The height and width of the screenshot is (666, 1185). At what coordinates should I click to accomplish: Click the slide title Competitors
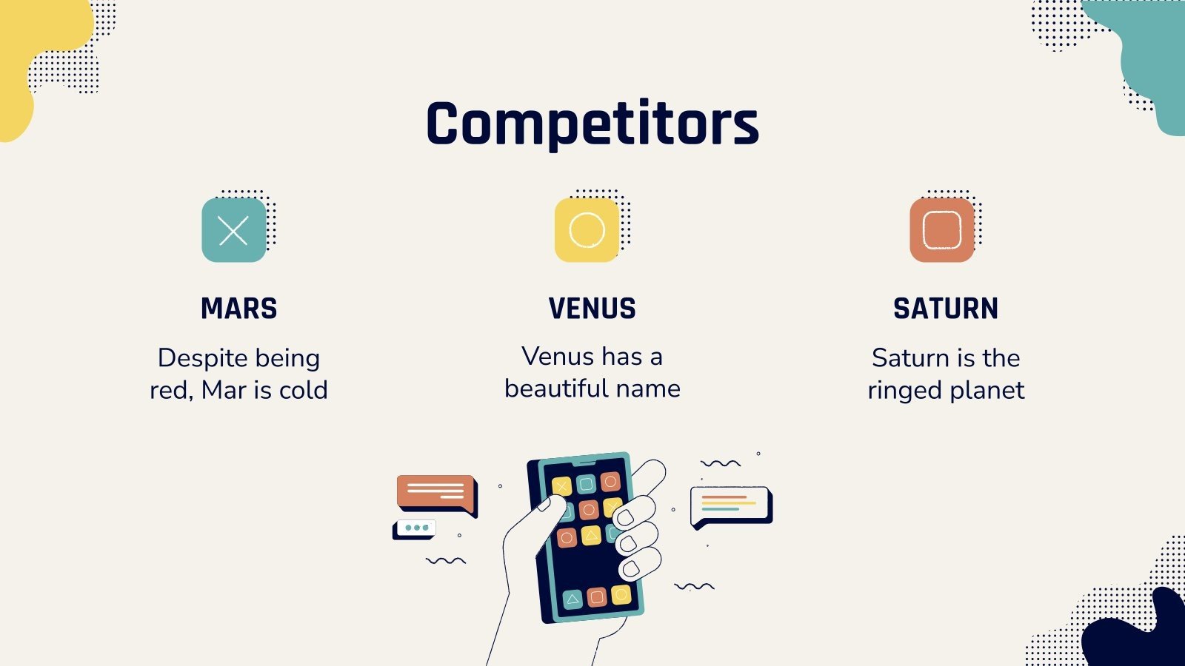point(592,124)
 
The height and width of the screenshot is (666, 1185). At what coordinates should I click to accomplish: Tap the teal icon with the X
point(233,230)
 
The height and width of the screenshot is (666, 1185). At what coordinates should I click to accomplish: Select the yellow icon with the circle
point(587,230)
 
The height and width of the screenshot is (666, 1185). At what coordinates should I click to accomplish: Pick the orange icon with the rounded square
point(941,230)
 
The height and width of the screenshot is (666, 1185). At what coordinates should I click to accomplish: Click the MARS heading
point(238,309)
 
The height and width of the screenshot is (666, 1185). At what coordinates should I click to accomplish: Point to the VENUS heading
point(592,309)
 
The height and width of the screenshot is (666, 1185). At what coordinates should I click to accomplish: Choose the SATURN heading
point(946,309)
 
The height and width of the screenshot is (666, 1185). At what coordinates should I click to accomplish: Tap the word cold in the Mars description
point(304,390)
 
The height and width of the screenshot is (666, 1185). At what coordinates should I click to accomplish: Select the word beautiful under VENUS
point(555,388)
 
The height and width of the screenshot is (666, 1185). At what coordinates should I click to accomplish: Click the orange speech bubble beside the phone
point(435,491)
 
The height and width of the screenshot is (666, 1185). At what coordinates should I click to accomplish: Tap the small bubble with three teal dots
point(415,528)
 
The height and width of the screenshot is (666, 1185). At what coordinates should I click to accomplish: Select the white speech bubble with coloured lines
point(730,505)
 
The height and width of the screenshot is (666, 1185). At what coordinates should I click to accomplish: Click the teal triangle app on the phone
point(573,599)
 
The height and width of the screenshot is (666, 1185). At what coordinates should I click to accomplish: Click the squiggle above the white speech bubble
point(721,464)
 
